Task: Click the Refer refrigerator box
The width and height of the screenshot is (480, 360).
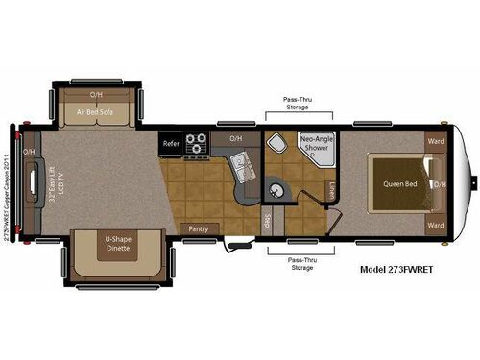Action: click(x=171, y=144)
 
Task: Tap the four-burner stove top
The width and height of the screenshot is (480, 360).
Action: click(x=197, y=144)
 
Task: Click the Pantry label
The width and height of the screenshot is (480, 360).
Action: click(x=200, y=229)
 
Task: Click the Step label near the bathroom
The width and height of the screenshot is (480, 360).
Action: click(x=266, y=220)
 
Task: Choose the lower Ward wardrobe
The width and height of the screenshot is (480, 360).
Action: click(x=435, y=227)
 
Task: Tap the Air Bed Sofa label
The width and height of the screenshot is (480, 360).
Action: click(x=97, y=112)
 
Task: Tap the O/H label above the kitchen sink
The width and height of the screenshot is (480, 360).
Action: click(x=235, y=138)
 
